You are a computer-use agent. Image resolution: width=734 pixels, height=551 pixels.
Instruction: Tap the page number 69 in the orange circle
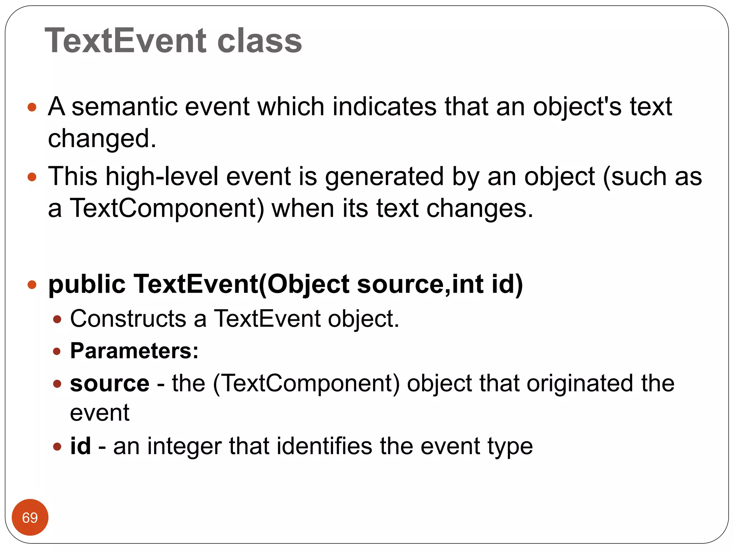click(x=30, y=518)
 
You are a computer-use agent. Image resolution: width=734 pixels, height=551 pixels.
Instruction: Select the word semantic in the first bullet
click(x=125, y=107)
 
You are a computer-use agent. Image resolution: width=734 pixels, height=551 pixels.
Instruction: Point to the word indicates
click(x=384, y=107)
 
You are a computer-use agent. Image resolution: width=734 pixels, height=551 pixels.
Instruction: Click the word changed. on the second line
click(x=102, y=139)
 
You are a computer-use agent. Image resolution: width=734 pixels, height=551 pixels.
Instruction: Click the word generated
click(x=385, y=177)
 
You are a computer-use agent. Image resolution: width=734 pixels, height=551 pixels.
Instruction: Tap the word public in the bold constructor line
click(x=87, y=284)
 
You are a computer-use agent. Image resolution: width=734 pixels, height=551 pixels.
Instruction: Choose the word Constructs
click(x=128, y=319)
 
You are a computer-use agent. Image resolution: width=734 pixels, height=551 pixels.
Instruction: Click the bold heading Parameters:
click(x=134, y=350)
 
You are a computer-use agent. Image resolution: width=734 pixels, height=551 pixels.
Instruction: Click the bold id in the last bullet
click(x=80, y=446)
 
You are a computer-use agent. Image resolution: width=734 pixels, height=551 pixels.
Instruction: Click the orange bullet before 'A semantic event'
click(x=32, y=107)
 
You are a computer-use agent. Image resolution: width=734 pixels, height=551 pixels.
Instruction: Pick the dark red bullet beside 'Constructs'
click(x=57, y=319)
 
